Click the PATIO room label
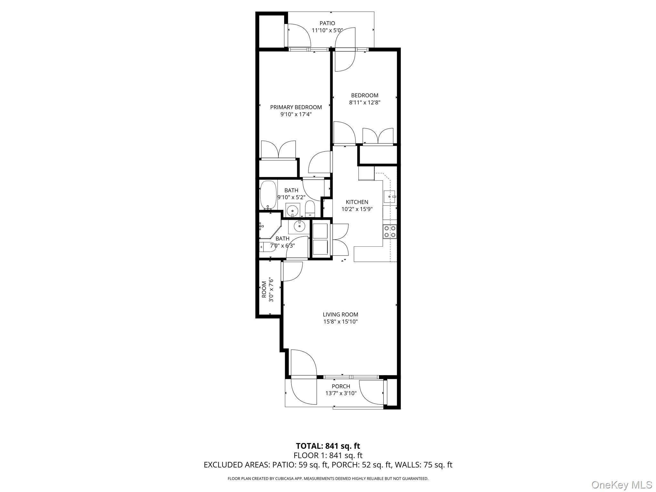(x=327, y=23)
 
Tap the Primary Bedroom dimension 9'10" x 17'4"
(x=296, y=114)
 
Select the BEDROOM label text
(x=365, y=95)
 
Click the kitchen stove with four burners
(x=390, y=232)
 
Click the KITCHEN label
(x=357, y=202)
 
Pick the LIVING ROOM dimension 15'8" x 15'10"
(x=340, y=322)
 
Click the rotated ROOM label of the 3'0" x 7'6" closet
(x=264, y=290)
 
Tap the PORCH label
(x=341, y=386)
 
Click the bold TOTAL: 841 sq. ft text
(x=328, y=446)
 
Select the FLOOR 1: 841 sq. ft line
(x=328, y=455)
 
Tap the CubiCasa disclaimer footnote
(x=328, y=479)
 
